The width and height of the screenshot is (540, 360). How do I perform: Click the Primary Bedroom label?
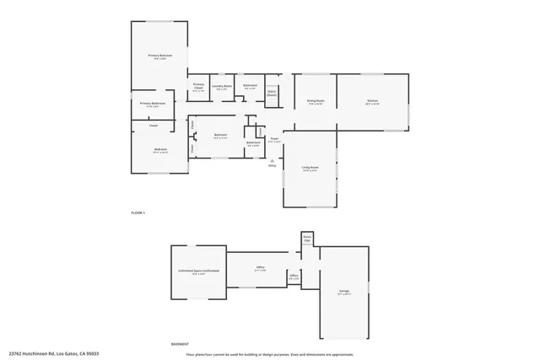[x=154, y=56]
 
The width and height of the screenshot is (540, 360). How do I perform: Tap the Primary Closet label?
[x=199, y=86]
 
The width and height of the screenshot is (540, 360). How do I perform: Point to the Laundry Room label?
[x=223, y=87]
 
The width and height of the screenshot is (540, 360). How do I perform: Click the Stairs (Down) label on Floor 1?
[x=272, y=94]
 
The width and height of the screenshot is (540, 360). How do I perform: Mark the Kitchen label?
[x=372, y=102]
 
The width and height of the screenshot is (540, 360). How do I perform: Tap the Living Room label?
[x=310, y=169]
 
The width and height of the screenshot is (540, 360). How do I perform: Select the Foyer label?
[x=274, y=140]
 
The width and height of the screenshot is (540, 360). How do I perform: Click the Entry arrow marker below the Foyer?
[x=272, y=162]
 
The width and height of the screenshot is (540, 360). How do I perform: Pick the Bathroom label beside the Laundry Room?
[x=251, y=86]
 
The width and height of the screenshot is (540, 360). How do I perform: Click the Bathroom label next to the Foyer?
[x=253, y=143]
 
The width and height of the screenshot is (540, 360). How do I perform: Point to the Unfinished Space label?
[x=199, y=271]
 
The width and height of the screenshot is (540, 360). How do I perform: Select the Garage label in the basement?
[x=344, y=293]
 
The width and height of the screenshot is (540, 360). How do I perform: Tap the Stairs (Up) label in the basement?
[x=307, y=239]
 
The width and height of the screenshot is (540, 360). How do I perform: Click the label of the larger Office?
[x=261, y=268]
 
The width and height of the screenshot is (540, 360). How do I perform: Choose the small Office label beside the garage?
[x=294, y=277]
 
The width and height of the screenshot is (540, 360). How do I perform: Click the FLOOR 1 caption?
[x=138, y=212]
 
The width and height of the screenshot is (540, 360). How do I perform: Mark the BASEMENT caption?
[x=180, y=344]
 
